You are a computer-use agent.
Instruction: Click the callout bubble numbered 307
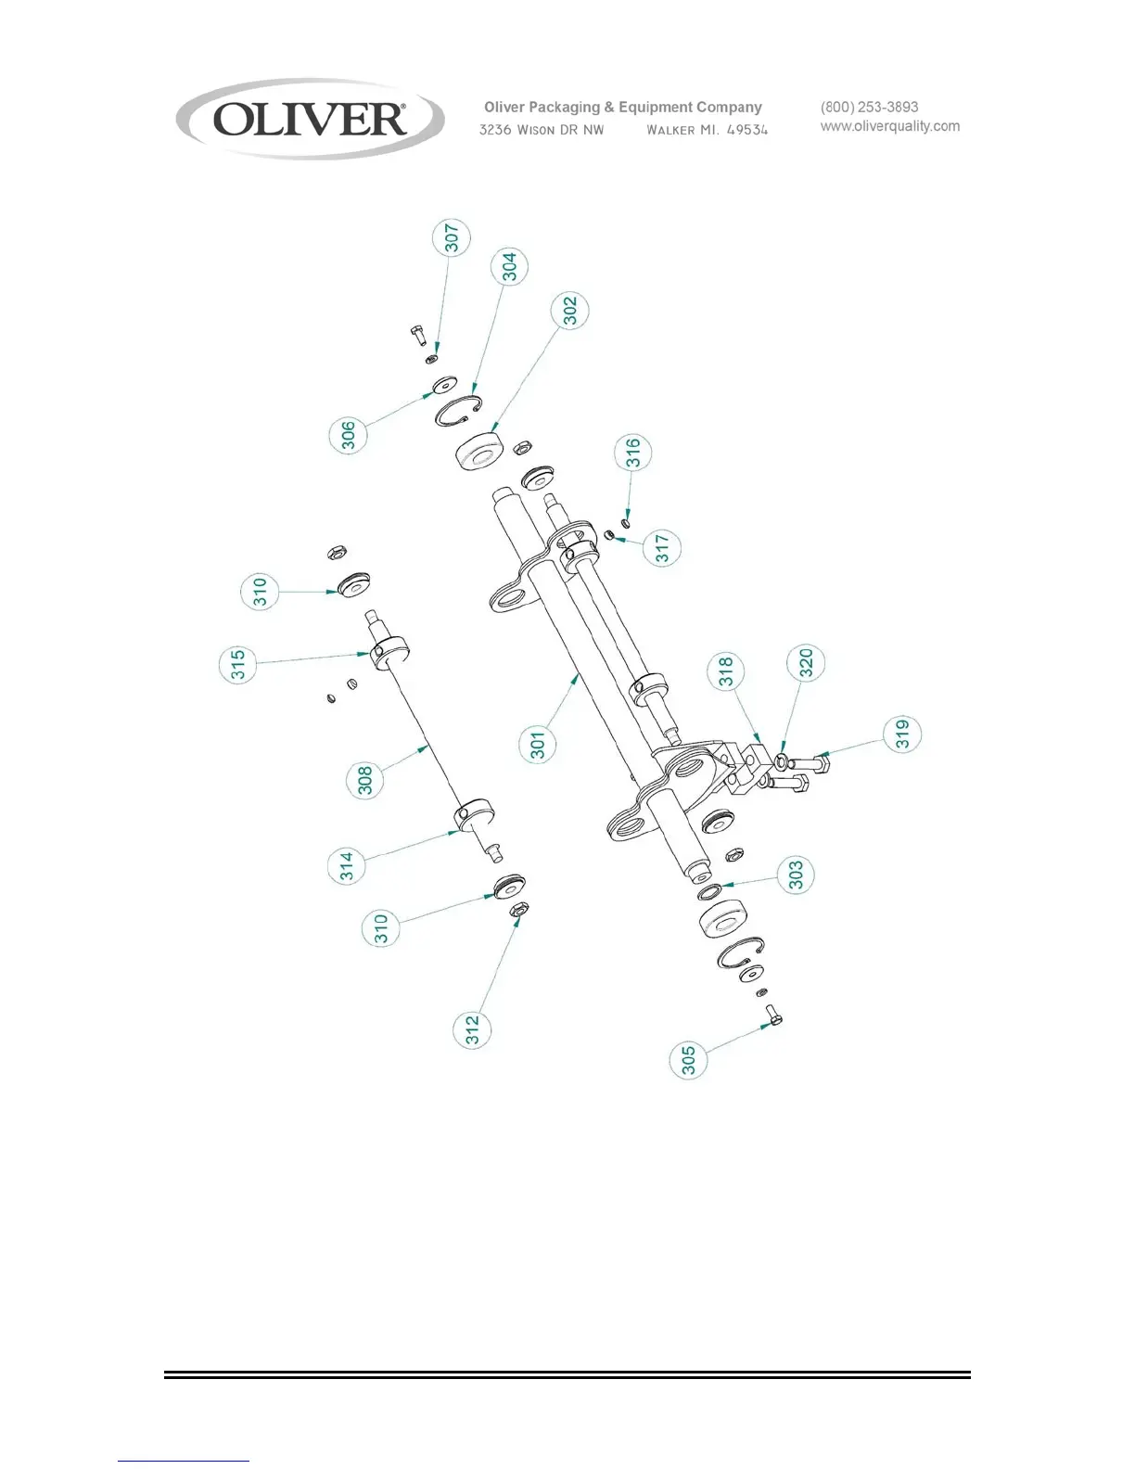pos(452,237)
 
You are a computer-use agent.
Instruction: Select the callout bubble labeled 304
pos(509,266)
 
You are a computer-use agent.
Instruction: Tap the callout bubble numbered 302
pos(570,310)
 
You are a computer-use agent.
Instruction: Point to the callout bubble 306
pos(349,435)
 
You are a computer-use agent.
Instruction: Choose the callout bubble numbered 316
pos(633,453)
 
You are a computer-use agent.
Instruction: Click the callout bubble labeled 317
pos(662,547)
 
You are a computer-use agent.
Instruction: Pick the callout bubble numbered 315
pos(238,665)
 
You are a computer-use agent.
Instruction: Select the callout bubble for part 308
pos(365,780)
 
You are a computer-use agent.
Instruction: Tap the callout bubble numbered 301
pos(538,744)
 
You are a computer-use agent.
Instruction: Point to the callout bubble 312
pos(473,1029)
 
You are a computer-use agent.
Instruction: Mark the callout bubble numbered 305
pos(688,1060)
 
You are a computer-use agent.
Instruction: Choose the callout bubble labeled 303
pos(796,875)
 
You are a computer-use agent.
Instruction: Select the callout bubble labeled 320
pos(806,663)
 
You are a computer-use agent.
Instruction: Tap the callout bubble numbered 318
pos(725,671)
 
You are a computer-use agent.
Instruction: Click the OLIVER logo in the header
pos(310,120)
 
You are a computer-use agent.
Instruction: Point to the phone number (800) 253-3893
pos(869,107)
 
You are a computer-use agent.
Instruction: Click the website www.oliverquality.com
pos(889,126)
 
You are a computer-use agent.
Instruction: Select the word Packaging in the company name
pos(564,108)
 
